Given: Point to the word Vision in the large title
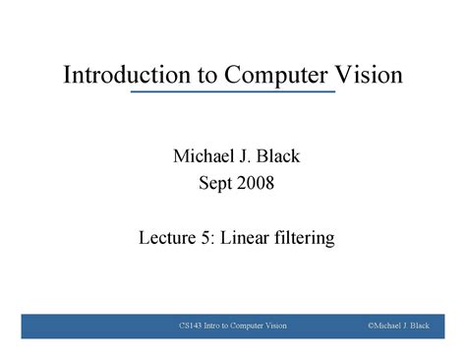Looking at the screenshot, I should (368, 76).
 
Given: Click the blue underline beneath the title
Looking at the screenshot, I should (233, 91).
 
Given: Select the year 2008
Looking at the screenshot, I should (252, 182).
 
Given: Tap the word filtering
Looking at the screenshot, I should (304, 237).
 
